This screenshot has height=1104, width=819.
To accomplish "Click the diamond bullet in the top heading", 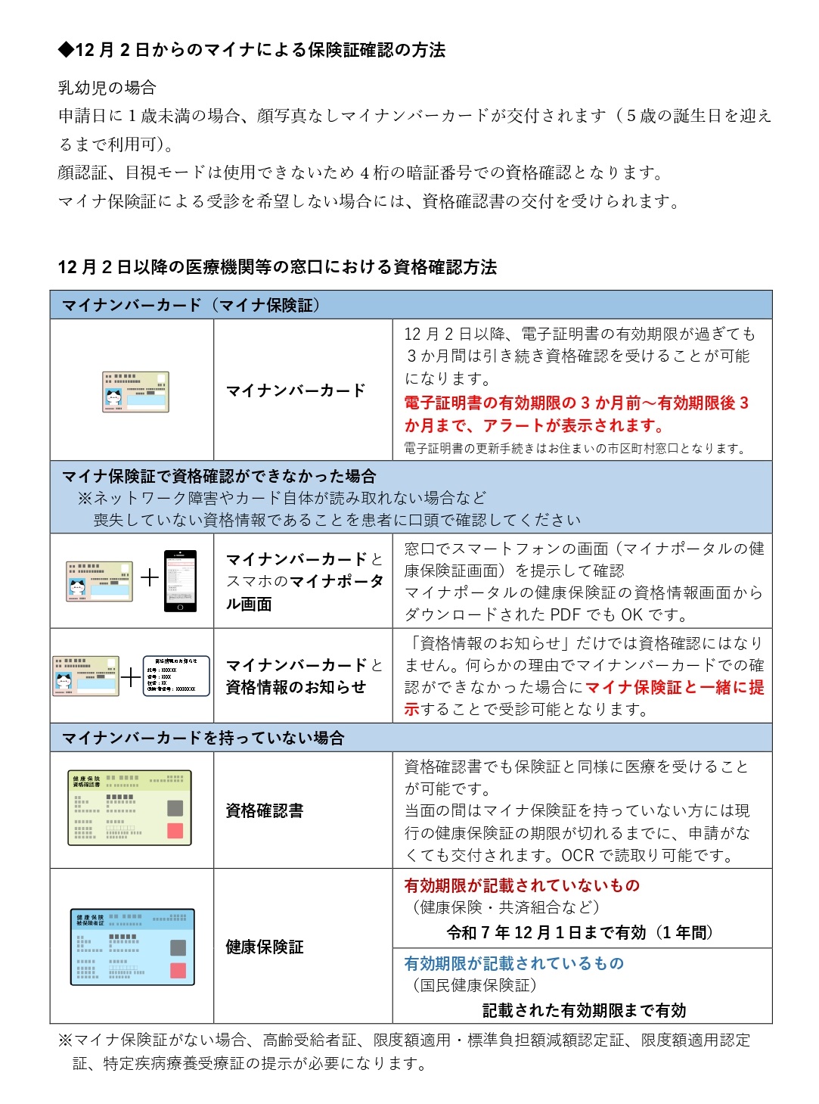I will point(66,50).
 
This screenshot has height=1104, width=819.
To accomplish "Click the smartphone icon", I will point(180,580).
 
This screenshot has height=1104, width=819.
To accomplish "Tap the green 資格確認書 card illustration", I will point(129,807).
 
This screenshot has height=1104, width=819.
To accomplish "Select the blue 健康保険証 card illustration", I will point(132,947).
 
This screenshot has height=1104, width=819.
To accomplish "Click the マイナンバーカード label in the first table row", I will point(296,390).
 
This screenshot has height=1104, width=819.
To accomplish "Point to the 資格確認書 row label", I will point(264,810).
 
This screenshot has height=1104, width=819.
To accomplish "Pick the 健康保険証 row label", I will point(264,947).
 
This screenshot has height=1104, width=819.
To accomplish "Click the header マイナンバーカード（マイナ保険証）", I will point(191,305).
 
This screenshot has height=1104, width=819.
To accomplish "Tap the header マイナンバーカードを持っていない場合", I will point(203,738).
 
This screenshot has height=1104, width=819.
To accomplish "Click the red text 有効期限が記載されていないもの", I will point(521,885).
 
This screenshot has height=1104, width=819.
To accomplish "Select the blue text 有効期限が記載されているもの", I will point(513,963).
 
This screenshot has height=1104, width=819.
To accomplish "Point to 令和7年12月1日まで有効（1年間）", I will point(580,932).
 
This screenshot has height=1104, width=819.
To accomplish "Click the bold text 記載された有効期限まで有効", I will point(584,1010).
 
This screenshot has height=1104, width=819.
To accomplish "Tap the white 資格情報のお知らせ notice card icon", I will point(176,676).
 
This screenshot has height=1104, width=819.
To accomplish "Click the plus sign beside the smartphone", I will point(150,578).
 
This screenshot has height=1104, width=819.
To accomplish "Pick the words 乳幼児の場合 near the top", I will point(107,88).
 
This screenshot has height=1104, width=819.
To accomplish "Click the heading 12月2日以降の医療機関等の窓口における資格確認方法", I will point(277,267).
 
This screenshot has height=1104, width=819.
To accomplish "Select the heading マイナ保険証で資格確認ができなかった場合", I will point(219,476).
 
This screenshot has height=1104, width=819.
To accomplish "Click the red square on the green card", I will point(175,831).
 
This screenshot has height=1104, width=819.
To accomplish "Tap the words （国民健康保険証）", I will point(474,985).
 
